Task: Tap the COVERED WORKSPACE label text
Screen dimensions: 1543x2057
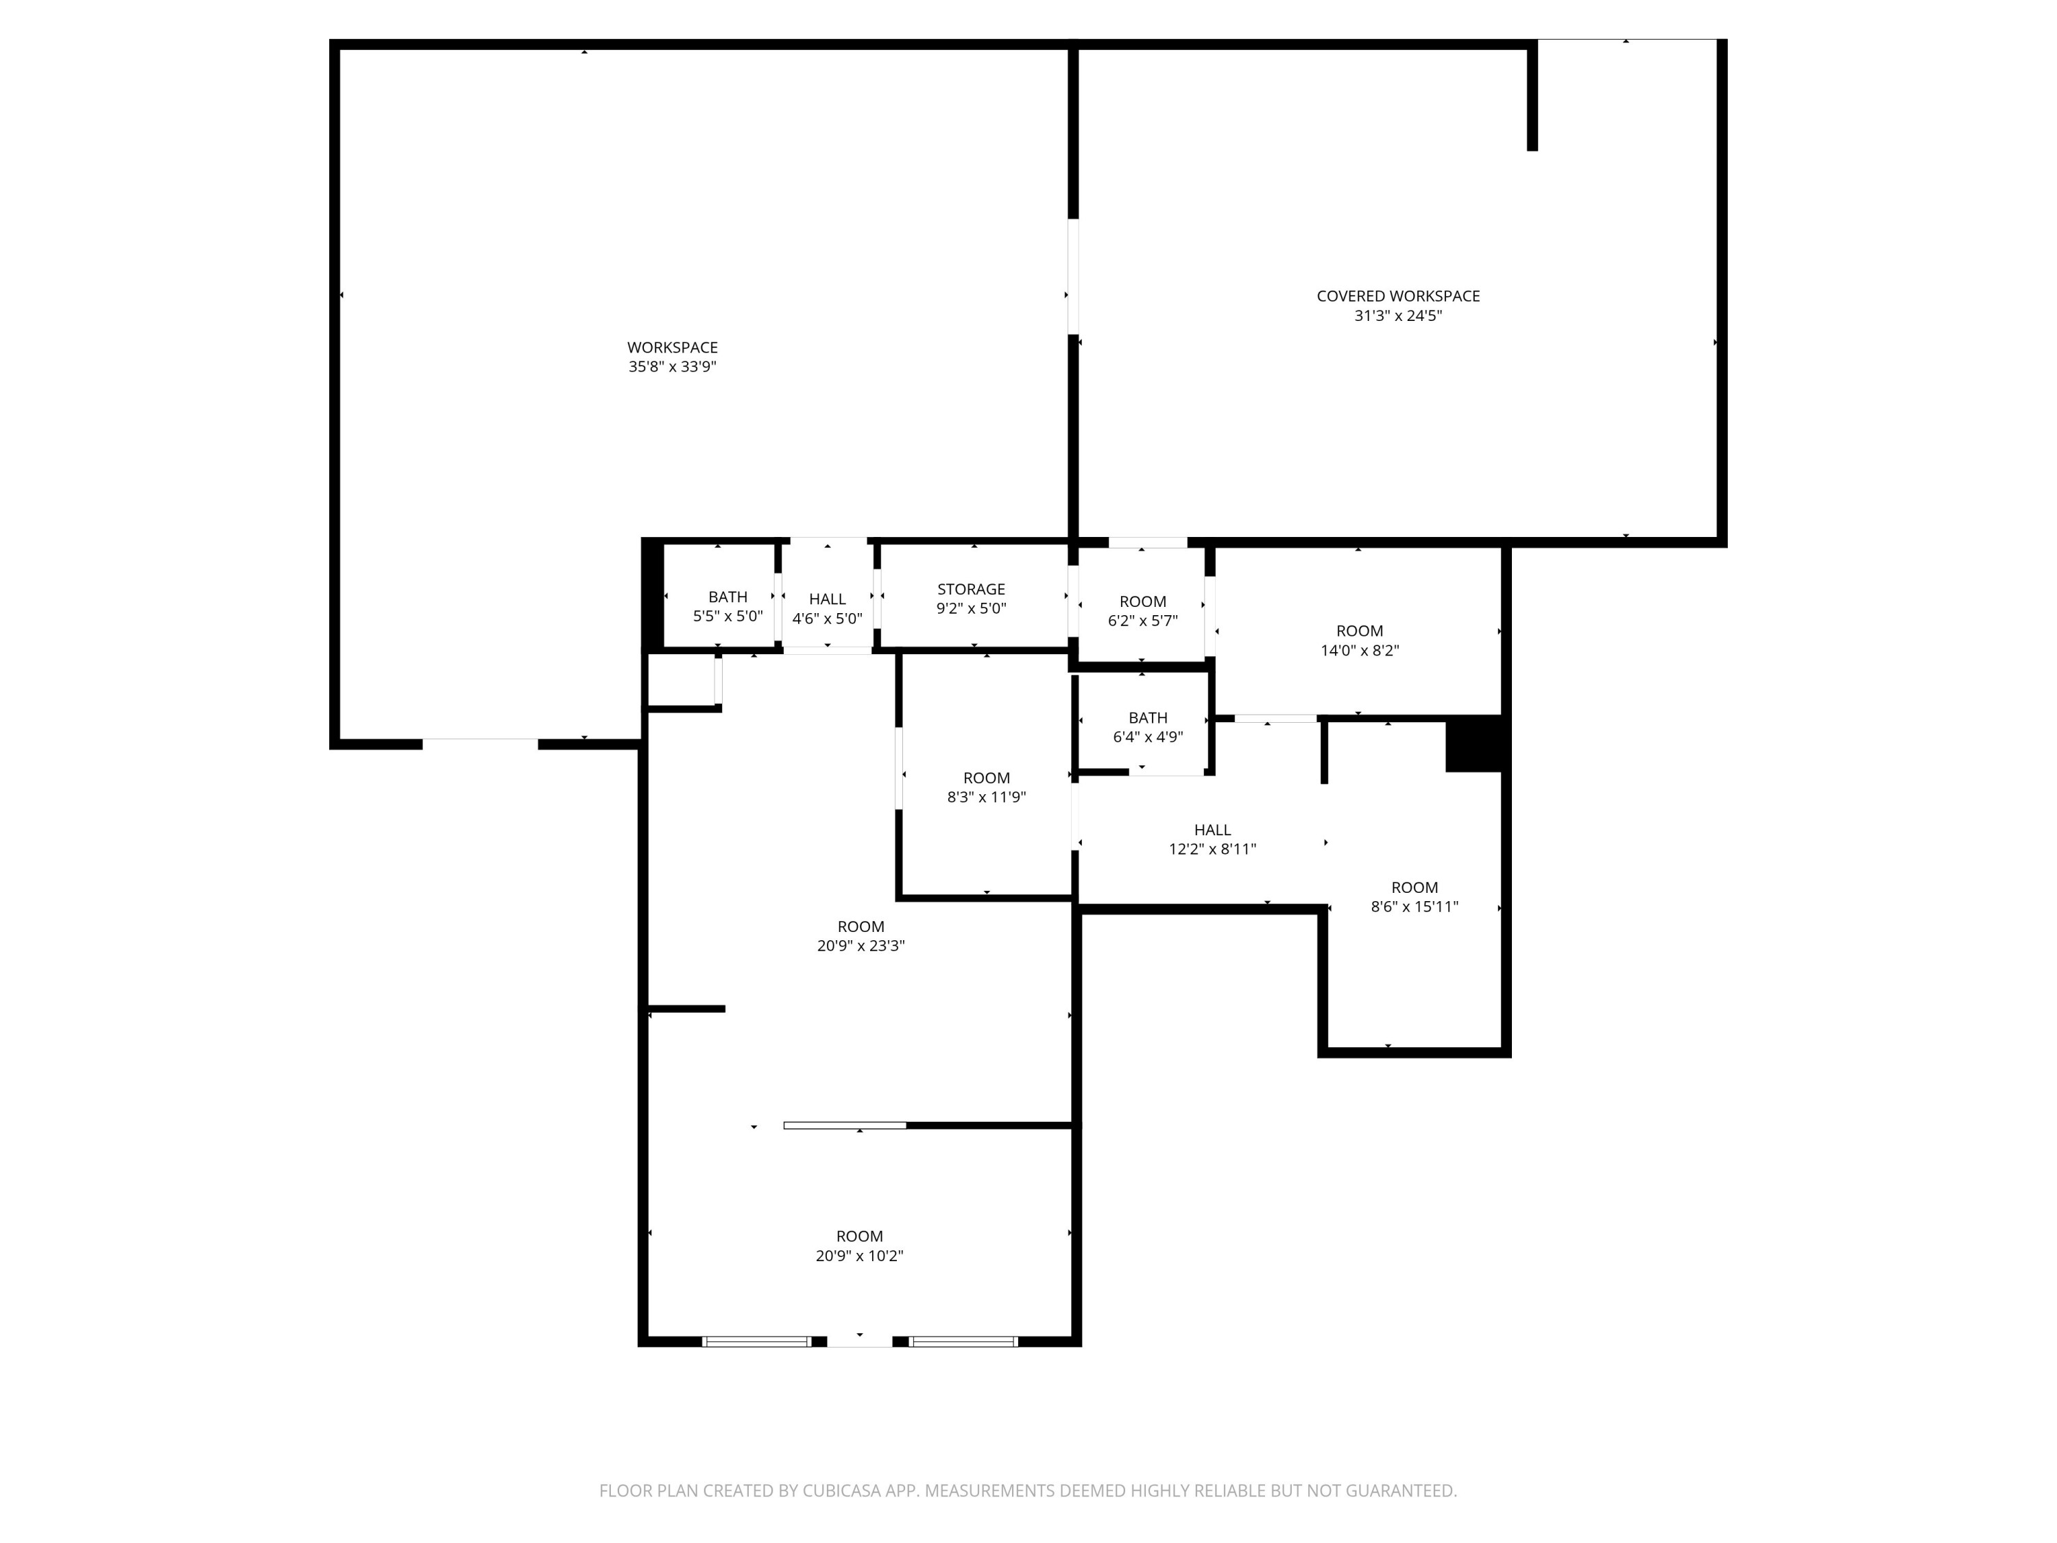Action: [x=1397, y=296]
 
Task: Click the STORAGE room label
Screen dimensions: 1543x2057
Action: [x=971, y=588]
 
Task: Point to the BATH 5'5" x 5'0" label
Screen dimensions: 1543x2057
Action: [x=727, y=606]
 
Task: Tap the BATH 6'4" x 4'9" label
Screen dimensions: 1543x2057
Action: [x=1148, y=726]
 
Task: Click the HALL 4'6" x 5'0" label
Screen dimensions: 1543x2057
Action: [x=827, y=608]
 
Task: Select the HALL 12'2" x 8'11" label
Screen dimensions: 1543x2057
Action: [x=1212, y=839]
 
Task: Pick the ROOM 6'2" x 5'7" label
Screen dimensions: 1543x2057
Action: [x=1142, y=610]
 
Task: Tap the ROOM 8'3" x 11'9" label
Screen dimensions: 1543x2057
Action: [x=986, y=787]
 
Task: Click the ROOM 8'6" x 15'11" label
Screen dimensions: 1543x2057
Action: [x=1413, y=896]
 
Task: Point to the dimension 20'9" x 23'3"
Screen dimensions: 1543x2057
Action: [x=861, y=946]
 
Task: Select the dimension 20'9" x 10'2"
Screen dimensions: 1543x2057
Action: [x=859, y=1256]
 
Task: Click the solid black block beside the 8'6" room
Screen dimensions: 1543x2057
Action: [x=1473, y=744]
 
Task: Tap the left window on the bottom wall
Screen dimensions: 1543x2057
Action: [x=757, y=1341]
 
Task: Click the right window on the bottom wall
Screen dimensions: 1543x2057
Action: [x=963, y=1341]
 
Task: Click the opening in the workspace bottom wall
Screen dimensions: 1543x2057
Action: [x=480, y=743]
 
